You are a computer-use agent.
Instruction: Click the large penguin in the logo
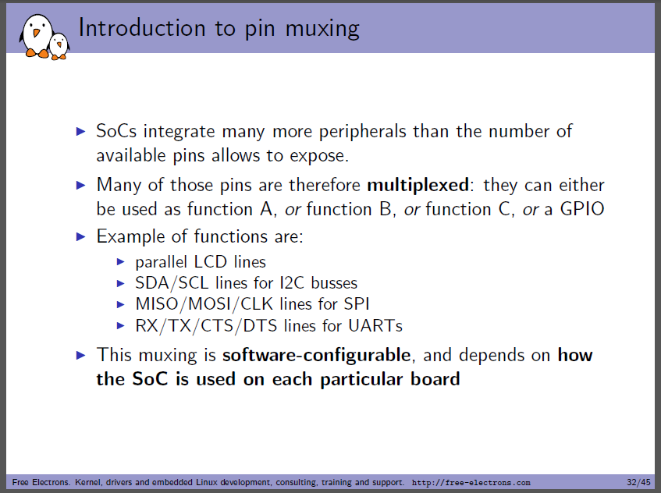tap(37, 36)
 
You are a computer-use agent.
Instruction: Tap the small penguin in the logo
tap(59, 46)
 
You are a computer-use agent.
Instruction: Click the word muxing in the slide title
tap(322, 30)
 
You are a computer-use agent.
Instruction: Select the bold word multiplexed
tap(418, 185)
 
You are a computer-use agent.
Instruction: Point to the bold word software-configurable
tap(317, 355)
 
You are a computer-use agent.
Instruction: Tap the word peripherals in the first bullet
tap(363, 132)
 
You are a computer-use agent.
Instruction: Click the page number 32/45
tap(638, 482)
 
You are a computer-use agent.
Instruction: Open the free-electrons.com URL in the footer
tap(471, 482)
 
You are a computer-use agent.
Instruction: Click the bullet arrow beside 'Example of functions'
tap(81, 237)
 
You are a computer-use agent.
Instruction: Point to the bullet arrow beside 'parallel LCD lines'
tap(120, 262)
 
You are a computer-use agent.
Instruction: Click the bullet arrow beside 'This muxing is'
tap(81, 355)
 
